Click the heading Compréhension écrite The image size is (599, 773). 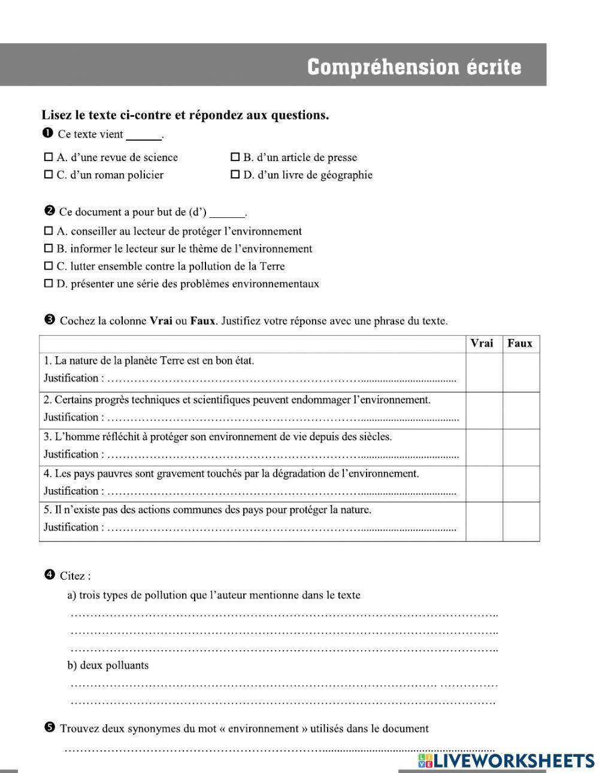tap(414, 66)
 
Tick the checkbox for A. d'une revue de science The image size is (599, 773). tap(49, 157)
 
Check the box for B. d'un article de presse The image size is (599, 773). tap(235, 157)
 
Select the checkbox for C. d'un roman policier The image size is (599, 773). tap(49, 175)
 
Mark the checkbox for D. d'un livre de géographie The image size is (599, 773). tap(235, 175)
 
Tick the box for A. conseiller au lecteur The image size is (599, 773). tap(49, 231)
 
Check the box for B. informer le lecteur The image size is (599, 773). tap(49, 248)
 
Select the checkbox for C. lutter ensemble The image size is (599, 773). tap(49, 266)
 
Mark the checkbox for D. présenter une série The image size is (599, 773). tap(49, 284)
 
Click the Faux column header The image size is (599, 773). tap(520, 344)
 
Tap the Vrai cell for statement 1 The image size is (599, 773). tap(483, 372)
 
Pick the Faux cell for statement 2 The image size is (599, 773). tap(520, 410)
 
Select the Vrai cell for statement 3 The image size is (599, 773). tap(483, 447)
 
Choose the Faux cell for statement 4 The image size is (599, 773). tap(520, 483)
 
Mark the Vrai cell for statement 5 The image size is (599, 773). tap(483, 521)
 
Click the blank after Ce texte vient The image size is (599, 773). tap(144, 135)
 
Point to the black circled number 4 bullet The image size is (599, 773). tap(50, 575)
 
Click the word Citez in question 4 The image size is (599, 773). tap(75, 576)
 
